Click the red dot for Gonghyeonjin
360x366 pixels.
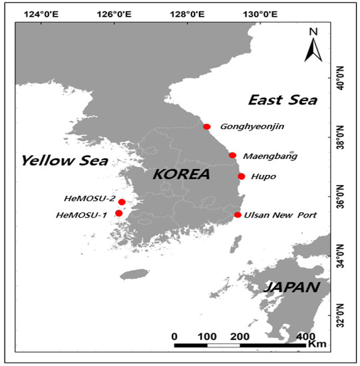(x=207, y=126)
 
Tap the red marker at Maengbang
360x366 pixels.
(x=232, y=155)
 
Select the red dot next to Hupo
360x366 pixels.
(x=242, y=176)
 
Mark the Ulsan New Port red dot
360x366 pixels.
(x=238, y=214)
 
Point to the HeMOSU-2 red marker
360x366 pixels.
(x=122, y=202)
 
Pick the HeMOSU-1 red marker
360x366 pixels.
(x=119, y=213)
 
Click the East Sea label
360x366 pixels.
(x=282, y=100)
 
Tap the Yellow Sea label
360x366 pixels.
(x=65, y=160)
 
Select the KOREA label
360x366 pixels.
(x=181, y=174)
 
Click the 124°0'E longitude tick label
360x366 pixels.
(x=41, y=13)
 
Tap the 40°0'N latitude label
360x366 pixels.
(x=343, y=81)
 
